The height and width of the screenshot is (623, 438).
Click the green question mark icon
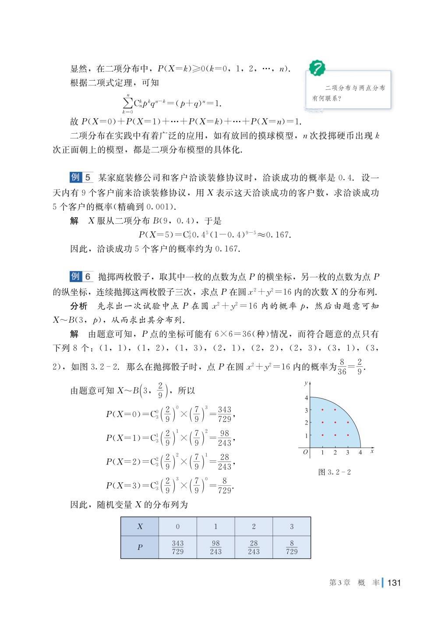coord(317,68)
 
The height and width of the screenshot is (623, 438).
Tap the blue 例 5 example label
coord(81,177)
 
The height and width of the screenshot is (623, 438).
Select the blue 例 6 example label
coord(81,277)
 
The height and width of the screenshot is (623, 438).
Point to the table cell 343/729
coord(178,547)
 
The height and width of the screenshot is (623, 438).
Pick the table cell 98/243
coord(215,547)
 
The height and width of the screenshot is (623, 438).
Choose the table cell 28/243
coord(254,547)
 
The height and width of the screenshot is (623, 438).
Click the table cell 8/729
coord(292,547)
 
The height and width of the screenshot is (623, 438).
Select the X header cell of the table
coord(140,527)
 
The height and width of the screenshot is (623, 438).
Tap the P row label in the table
coord(140,547)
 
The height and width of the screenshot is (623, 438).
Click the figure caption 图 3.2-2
coord(335,472)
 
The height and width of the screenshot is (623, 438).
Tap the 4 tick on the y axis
coord(307,398)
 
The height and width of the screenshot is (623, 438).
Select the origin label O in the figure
coord(305,452)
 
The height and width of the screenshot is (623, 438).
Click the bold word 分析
coord(78,306)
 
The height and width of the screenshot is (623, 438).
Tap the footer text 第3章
coord(339,583)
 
